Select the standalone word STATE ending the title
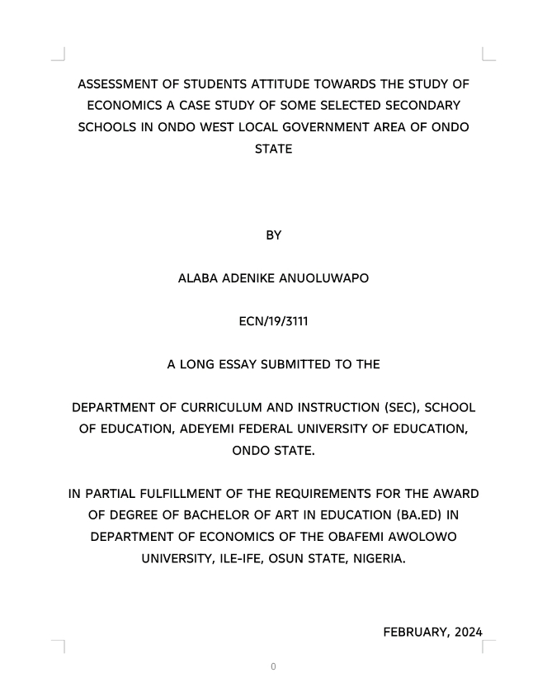(x=273, y=150)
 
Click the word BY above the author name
(x=273, y=235)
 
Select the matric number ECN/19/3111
(x=273, y=321)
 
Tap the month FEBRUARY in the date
(x=417, y=633)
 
